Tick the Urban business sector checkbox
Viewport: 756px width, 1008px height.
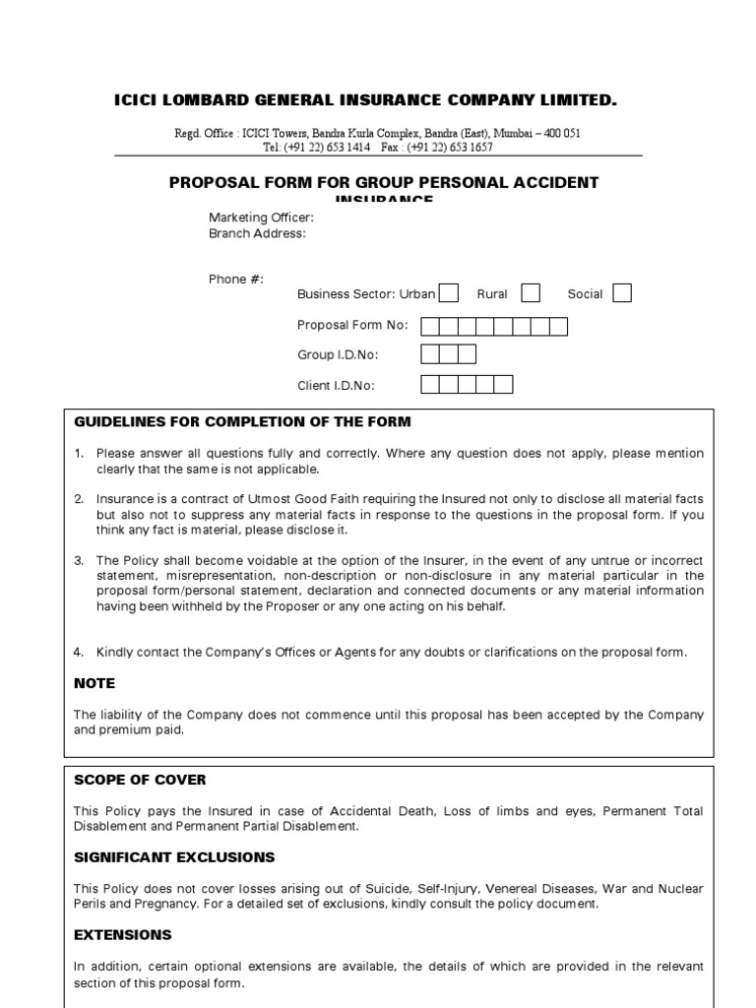[x=448, y=293]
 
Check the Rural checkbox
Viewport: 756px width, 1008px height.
[x=531, y=293]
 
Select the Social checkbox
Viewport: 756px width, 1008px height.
[x=622, y=293]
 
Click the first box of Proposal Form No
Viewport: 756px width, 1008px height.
[x=430, y=327]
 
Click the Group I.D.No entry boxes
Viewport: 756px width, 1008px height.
[x=448, y=354]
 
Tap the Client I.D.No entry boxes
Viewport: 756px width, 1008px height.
[x=467, y=385]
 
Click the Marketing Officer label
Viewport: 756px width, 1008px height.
[x=261, y=218]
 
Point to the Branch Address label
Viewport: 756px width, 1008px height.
[x=257, y=233]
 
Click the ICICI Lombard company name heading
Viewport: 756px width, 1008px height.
[x=366, y=100]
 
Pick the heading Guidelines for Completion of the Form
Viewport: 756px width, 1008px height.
[x=242, y=422]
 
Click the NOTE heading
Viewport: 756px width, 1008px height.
[x=94, y=683]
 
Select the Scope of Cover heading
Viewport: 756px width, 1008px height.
[x=140, y=780]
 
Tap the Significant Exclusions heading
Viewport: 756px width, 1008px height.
[x=174, y=857]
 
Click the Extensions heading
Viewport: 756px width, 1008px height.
[x=123, y=934]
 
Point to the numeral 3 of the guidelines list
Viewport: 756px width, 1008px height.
[x=79, y=560]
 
